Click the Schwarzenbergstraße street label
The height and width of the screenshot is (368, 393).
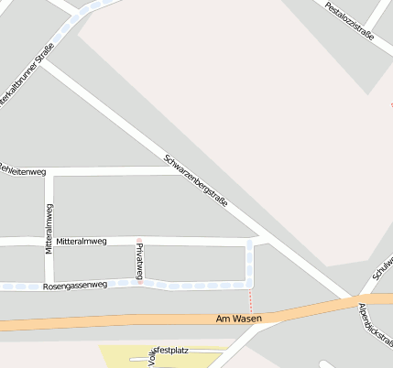point(195,178)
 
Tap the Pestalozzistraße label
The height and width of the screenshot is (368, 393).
point(349,19)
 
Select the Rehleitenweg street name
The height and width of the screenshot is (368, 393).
point(22,170)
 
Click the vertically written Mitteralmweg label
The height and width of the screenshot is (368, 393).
point(49,229)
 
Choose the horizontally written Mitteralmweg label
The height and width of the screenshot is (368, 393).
point(81,241)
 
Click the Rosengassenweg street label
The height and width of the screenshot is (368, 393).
point(75,286)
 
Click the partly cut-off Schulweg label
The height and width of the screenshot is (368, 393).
point(382,265)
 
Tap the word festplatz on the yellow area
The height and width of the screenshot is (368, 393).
point(172,349)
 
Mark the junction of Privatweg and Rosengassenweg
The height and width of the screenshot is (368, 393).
point(140,283)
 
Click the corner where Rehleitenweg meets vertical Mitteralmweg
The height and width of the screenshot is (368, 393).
point(49,171)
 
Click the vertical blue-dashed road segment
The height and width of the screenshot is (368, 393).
point(250,262)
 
